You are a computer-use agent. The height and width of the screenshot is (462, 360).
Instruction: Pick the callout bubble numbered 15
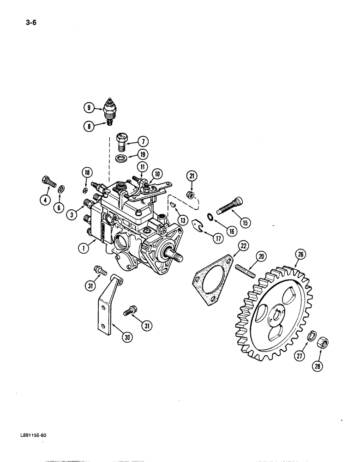[245, 222]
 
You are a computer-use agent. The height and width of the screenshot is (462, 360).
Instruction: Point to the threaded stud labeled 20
[245, 269]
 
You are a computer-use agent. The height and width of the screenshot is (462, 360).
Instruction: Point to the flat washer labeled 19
[122, 158]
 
